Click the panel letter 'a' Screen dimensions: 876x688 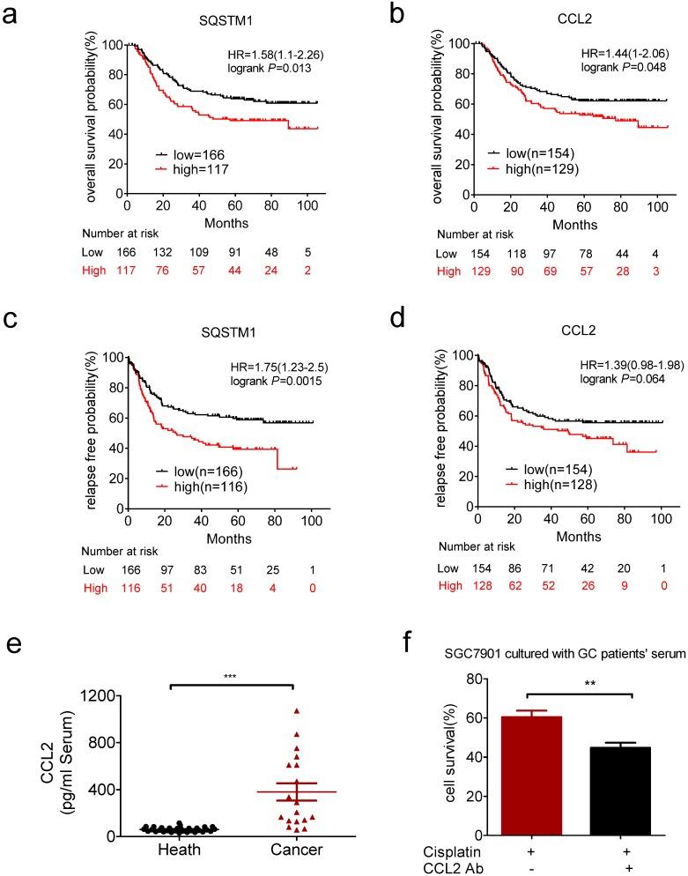[13, 15]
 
